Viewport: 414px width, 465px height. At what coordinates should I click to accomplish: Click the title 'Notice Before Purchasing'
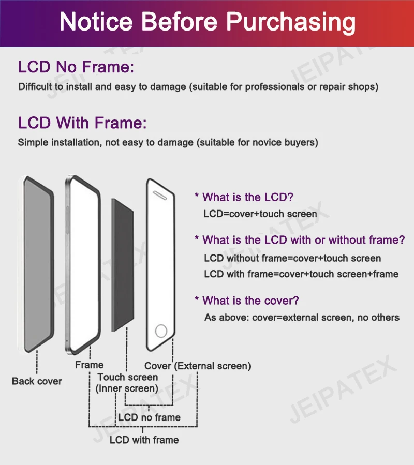[207, 22]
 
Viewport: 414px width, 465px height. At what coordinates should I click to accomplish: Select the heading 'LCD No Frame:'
[76, 67]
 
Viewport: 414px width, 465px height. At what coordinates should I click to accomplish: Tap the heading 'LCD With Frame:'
[82, 123]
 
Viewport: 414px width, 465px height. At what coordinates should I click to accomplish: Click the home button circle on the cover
[161, 331]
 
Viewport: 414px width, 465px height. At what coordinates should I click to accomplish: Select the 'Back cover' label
[37, 381]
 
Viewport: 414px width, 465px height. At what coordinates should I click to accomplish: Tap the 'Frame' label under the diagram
[89, 365]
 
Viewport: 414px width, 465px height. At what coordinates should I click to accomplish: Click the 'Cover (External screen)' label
[198, 366]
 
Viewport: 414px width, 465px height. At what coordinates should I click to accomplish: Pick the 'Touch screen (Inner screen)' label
[127, 383]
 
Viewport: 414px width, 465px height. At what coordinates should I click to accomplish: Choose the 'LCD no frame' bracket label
[149, 417]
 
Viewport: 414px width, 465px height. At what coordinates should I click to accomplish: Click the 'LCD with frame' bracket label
[144, 440]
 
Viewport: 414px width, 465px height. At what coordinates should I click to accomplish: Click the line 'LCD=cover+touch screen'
[260, 213]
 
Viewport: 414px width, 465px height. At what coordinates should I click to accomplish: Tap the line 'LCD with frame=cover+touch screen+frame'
[301, 274]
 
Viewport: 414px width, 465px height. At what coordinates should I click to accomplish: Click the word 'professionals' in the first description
[274, 86]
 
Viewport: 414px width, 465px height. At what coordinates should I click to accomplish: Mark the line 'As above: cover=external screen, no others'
[302, 317]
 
